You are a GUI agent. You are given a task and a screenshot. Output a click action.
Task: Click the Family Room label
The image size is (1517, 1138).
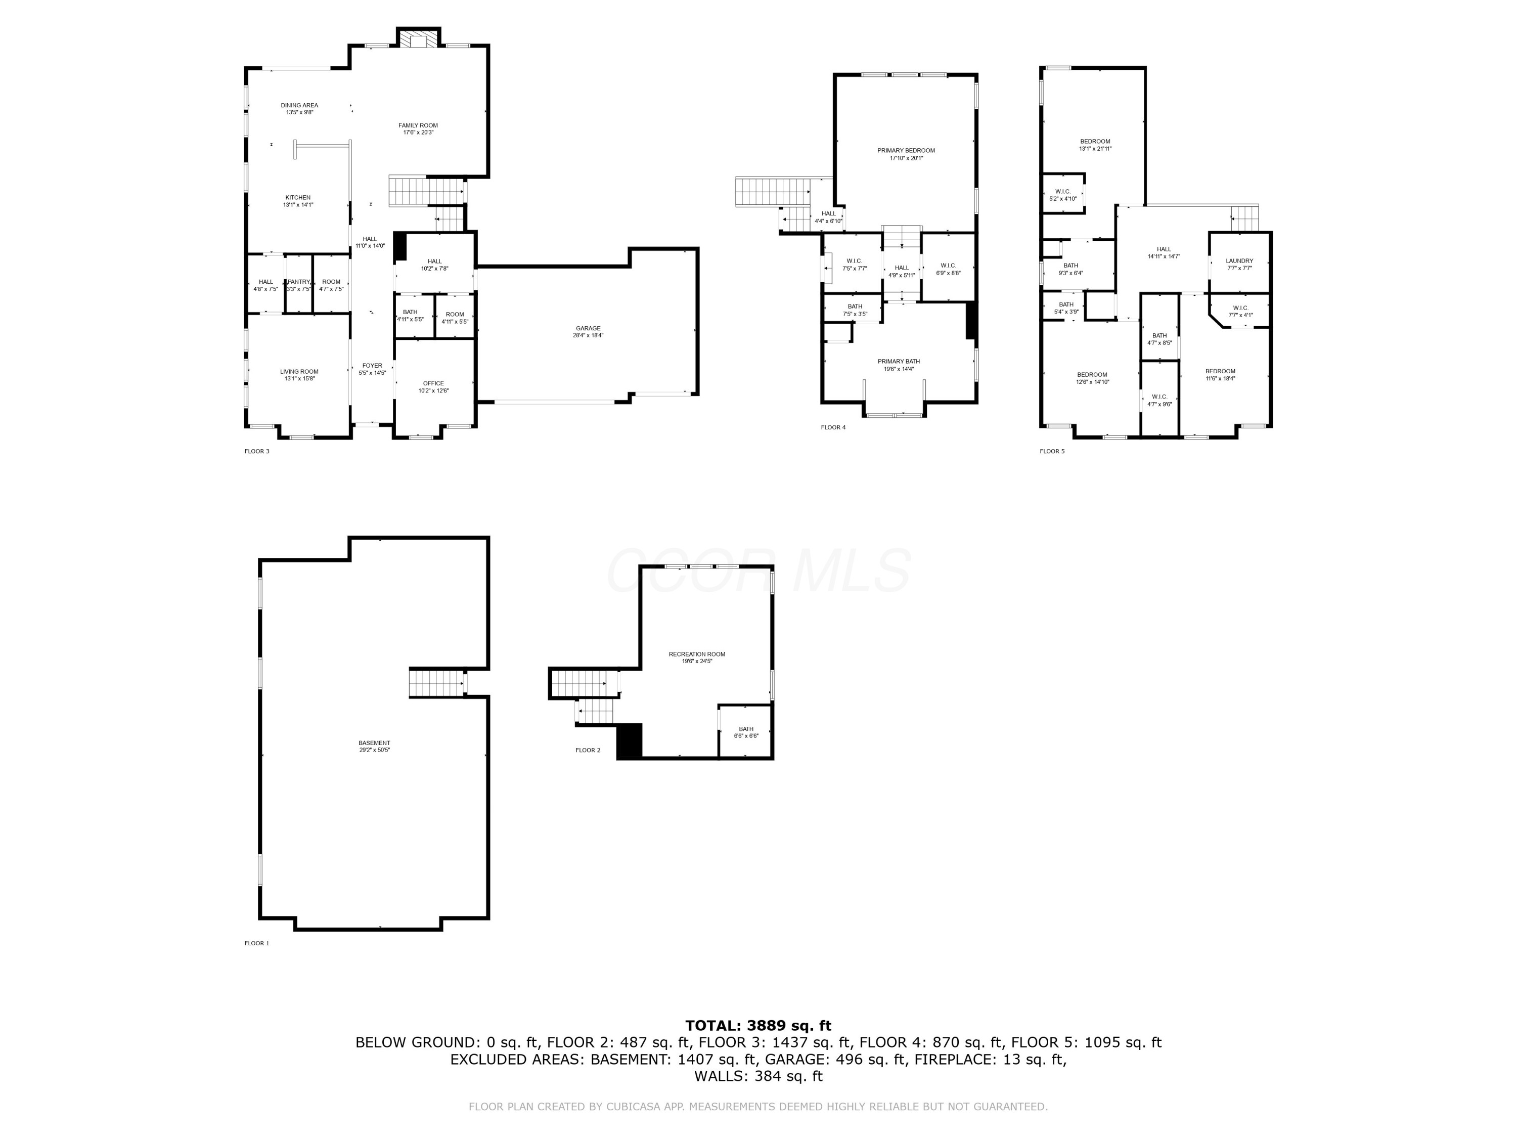point(418,125)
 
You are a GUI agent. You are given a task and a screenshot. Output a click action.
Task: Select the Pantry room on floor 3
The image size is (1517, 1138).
point(299,285)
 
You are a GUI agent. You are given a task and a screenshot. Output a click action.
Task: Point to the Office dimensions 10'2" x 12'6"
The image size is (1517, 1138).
point(433,391)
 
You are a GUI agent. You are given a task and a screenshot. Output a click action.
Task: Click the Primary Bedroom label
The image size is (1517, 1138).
point(906,150)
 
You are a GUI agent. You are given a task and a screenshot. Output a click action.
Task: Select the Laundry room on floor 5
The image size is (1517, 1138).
point(1239,264)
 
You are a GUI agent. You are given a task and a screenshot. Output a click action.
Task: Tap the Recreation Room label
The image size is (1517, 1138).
point(697,654)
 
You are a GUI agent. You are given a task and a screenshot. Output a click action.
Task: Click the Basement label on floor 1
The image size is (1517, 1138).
point(375,743)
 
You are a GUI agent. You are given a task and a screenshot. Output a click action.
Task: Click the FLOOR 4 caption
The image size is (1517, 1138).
point(833,427)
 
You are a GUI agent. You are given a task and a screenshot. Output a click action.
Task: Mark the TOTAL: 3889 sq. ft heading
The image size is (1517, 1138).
point(758,1026)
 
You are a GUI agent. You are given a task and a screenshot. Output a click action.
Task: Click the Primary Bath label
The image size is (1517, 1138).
point(899,362)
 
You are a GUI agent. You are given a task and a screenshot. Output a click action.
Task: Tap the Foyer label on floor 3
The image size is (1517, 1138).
point(372,366)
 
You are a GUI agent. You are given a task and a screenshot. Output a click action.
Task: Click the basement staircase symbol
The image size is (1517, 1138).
point(437,683)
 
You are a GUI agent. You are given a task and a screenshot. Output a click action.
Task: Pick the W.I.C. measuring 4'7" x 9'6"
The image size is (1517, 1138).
point(1159,401)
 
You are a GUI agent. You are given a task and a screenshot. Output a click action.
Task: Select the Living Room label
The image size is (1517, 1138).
point(299,371)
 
